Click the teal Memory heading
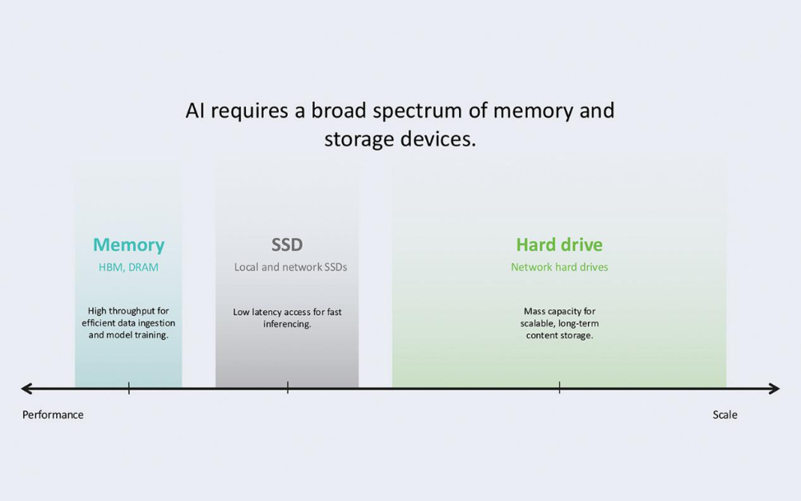click(128, 245)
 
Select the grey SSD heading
click(287, 245)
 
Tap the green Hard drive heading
click(559, 245)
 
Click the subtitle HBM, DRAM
click(128, 268)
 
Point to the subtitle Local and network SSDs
click(291, 268)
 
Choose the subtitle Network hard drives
click(559, 268)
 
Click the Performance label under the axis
click(53, 415)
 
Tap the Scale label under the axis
click(725, 415)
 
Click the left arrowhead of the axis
click(26, 389)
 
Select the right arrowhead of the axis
click(775, 389)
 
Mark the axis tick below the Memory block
click(128, 389)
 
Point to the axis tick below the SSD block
click(288, 389)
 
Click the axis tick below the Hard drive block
click(559, 389)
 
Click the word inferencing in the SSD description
click(287, 325)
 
